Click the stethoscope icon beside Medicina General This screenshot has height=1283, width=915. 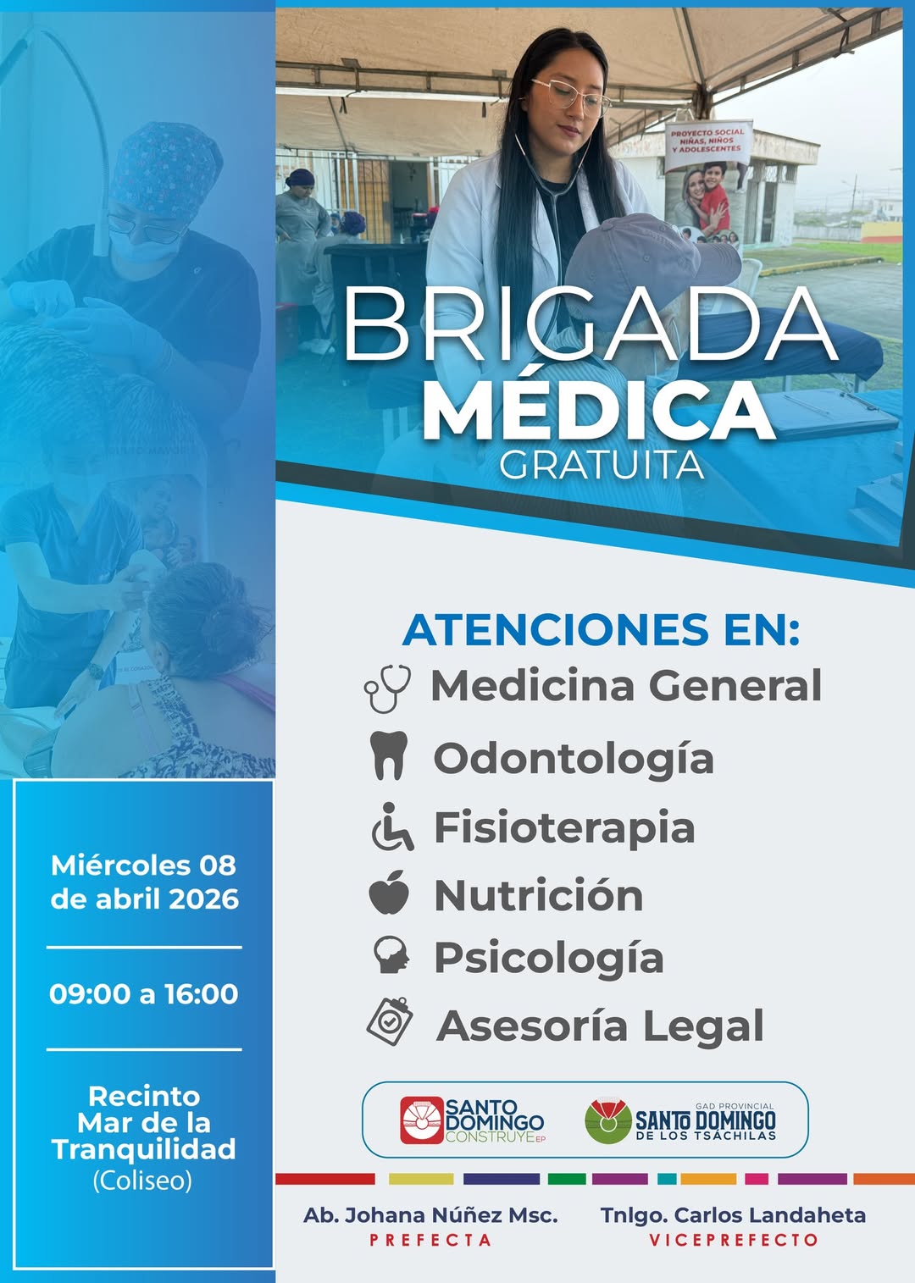387,689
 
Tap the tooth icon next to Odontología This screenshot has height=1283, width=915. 389,755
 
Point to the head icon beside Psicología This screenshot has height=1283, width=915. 391,954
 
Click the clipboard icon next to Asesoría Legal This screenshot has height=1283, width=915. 389,1021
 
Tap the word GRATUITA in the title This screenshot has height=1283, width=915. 602,465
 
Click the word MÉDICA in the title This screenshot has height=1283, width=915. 599,410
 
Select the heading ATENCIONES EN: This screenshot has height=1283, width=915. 601,629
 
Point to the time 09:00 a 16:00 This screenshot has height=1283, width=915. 144,993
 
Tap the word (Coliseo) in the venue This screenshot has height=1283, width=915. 142,1181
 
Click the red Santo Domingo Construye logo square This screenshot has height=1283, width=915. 422,1120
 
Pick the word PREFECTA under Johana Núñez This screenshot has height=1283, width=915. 430,1240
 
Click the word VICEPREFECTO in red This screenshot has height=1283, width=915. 734,1240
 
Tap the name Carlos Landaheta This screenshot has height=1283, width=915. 770,1215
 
